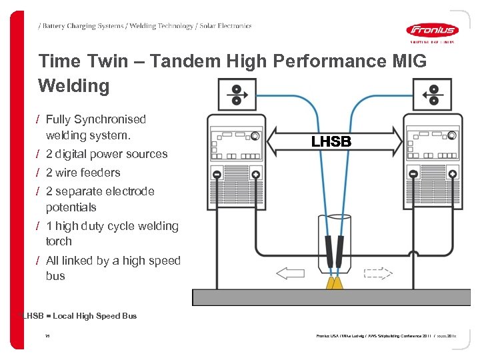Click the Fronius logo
pos(432,30)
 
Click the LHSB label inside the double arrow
pos(331,141)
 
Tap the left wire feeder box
pos(236,95)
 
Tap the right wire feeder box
pos(432,95)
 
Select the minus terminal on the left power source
pos(217,175)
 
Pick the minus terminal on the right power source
pos(413,175)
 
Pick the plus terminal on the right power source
pos(453,175)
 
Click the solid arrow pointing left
pos(290,272)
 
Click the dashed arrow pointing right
pos(377,272)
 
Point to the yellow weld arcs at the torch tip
pos(334,282)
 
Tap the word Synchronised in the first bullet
pos(109,119)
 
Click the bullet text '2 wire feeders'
pos(83,173)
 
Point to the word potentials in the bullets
pos(71,207)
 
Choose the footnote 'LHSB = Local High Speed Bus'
pos(79,315)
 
